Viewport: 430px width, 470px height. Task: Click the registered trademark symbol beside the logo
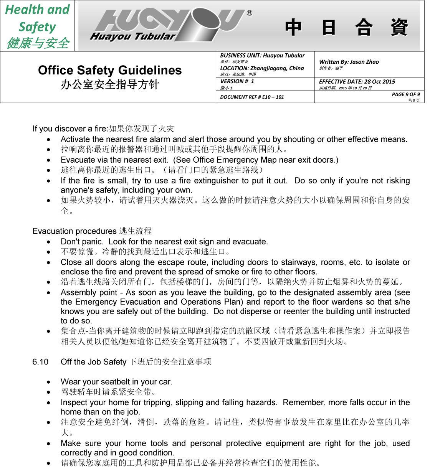point(250,13)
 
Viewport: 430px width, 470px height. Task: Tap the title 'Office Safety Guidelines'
point(110,70)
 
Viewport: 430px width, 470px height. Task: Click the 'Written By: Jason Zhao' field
point(349,62)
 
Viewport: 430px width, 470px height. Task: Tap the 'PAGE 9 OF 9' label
point(405,94)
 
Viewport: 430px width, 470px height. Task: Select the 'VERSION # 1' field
point(237,81)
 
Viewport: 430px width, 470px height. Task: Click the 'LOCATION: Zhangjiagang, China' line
point(262,68)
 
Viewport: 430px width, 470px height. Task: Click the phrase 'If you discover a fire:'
point(70,129)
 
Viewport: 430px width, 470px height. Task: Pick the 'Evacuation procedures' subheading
point(74,231)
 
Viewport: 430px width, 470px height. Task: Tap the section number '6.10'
point(40,362)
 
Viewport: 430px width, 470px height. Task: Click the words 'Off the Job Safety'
point(93,362)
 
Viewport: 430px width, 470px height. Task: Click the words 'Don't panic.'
point(82,242)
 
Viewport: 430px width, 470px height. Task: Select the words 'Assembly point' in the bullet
point(89,292)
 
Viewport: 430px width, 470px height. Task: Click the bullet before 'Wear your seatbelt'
point(48,382)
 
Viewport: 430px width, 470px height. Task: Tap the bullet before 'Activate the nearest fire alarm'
point(48,140)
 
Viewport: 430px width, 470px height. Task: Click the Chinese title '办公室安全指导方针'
point(110,84)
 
